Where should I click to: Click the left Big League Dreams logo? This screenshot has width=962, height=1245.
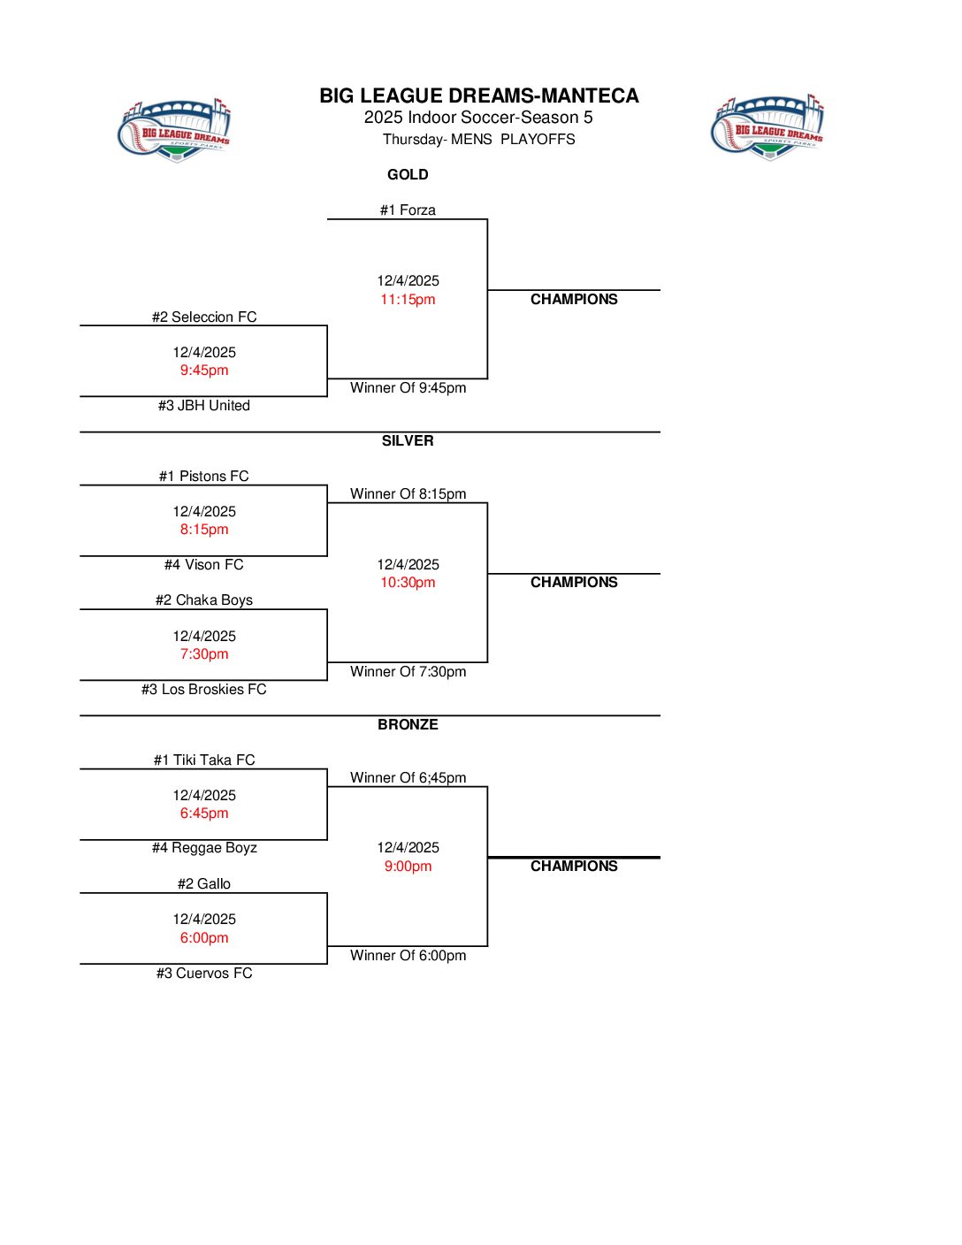coord(174,131)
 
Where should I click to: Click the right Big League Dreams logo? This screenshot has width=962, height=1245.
coord(767,128)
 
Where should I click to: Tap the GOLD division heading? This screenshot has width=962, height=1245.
coord(408,175)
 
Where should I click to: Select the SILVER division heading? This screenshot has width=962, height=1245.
coord(408,441)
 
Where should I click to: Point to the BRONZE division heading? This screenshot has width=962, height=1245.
coord(408,725)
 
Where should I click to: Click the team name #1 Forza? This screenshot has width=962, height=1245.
coord(408,210)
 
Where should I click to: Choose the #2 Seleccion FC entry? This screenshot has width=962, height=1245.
coord(204,317)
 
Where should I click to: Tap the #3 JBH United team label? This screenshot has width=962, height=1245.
coord(204,406)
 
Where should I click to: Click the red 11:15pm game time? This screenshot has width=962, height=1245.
coord(408,300)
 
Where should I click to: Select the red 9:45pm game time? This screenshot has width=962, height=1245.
coord(204,370)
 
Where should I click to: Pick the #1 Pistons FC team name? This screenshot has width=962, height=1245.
coord(204,477)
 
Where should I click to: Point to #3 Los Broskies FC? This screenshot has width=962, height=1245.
coord(204,690)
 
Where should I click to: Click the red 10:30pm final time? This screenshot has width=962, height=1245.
coord(408,583)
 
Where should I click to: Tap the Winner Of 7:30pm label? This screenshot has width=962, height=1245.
coord(408,672)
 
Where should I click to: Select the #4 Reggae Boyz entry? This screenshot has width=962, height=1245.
coord(204,848)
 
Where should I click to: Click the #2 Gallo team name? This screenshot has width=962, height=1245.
coord(204,884)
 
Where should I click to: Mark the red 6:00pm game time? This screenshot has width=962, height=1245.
coord(204,938)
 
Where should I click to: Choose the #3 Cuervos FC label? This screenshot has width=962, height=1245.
coord(204,974)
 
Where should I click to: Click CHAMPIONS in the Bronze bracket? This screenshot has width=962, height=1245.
coord(574,867)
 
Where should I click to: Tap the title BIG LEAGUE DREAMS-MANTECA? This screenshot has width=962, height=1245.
coord(479,95)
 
